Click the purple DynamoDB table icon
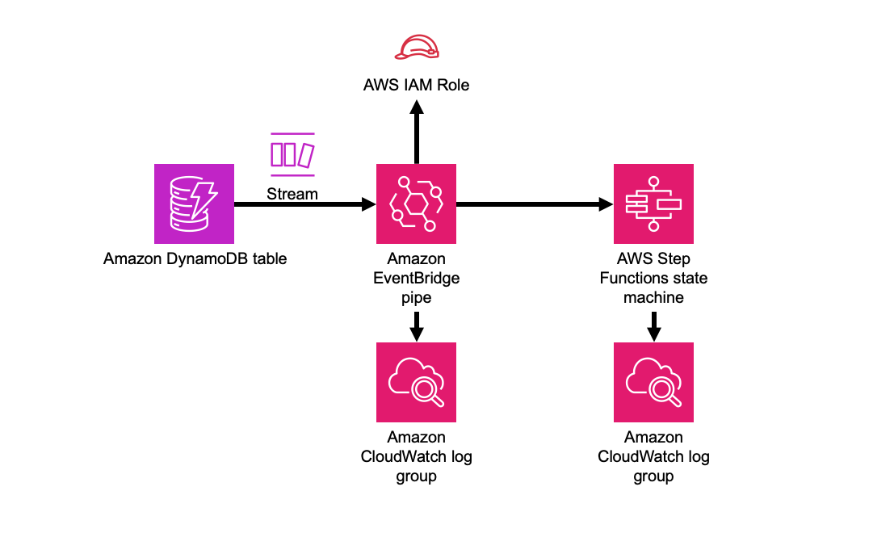194,204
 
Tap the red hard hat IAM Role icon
417,47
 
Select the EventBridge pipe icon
416,204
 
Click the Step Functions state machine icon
653,204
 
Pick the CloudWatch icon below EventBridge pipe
416,382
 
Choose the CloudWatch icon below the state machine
653,382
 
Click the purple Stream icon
292,154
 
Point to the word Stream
292,194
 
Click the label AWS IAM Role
416,85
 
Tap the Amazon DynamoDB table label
195,258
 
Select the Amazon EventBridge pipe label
416,278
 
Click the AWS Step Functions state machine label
653,278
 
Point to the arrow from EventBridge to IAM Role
417,132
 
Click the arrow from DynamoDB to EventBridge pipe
305,204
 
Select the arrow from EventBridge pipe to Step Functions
535,204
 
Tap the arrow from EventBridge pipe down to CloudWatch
417,326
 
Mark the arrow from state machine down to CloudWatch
654,326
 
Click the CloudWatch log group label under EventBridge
416,456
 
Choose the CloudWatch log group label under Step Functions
653,456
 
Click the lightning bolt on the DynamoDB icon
204,199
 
